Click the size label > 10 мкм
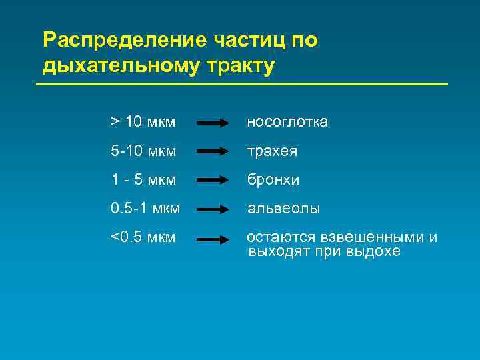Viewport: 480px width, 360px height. pos(143,122)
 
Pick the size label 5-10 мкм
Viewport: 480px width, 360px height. pos(143,151)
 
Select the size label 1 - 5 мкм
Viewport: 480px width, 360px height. pos(143,180)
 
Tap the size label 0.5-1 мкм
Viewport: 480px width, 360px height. pos(145,209)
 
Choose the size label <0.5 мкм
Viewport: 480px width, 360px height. pos(143,237)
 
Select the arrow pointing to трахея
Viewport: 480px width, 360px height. pos(213,152)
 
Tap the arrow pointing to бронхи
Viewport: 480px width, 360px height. pos(213,181)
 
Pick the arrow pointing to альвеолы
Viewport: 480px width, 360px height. pos(213,209)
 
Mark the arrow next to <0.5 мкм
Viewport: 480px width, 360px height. pos(213,238)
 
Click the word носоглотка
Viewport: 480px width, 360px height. pos(287,122)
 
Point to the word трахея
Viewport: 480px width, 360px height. pos(272,151)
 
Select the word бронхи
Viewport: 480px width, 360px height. pos(273,180)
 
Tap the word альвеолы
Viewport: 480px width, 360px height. pos(283,209)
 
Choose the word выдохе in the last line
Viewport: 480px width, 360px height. pos(374,252)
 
